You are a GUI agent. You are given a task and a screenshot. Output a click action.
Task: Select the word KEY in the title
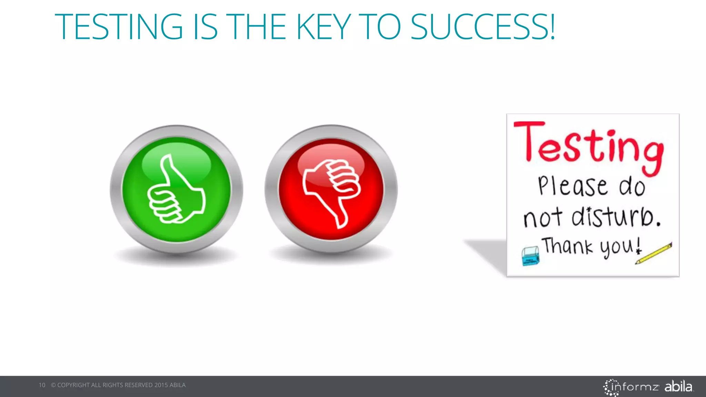pos(324,27)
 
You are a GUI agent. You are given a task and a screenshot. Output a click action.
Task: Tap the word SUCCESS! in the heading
pos(483,27)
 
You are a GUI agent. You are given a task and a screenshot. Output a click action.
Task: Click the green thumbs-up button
pos(176,189)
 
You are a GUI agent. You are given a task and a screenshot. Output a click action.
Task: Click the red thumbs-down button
pos(331,189)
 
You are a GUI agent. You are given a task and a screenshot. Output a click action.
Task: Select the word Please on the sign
pos(573,186)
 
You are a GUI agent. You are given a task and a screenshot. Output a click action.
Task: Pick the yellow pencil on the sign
pos(654,254)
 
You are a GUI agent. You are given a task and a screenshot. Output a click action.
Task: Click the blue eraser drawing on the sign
pos(531,256)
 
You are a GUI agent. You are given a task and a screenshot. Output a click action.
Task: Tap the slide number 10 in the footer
pos(42,385)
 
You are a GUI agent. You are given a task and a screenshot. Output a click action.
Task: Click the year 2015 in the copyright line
pos(161,385)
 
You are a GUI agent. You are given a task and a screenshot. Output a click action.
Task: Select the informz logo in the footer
pos(631,387)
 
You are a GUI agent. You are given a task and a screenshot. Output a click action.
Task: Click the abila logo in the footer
pos(678,386)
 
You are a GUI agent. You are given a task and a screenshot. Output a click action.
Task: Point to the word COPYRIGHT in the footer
pos(73,385)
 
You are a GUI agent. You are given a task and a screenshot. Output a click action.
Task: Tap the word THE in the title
pos(258,27)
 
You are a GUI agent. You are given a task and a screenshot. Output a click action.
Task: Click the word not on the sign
pos(543,218)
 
